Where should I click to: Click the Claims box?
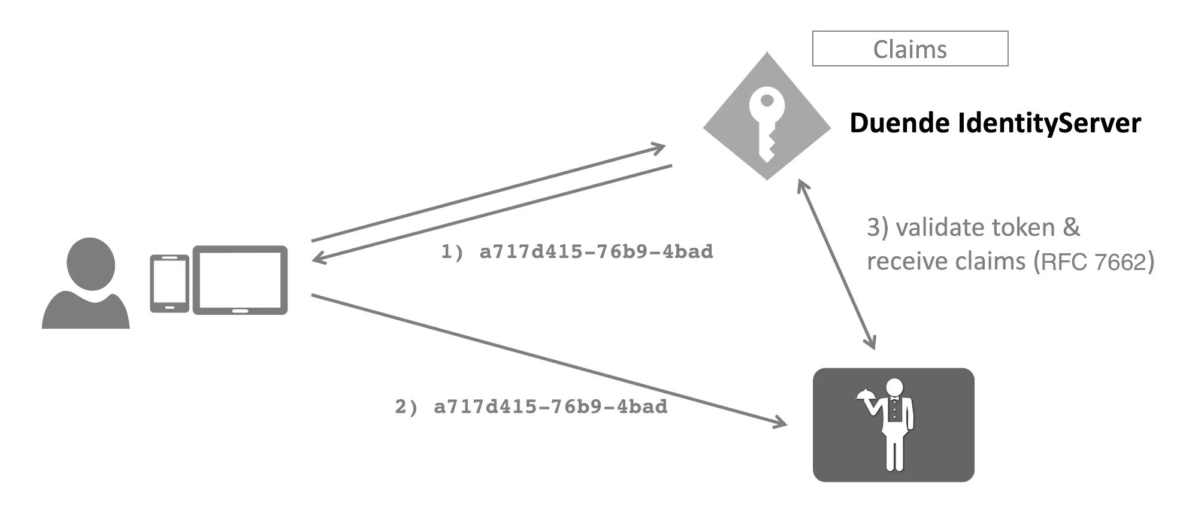[x=910, y=48]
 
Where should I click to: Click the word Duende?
[x=899, y=123]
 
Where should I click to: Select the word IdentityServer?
[x=1048, y=123]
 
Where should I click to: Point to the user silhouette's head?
[x=90, y=263]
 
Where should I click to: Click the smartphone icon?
[x=170, y=284]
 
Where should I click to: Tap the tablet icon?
[x=240, y=280]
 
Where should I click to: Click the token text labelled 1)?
[x=596, y=252]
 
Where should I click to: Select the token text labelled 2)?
[x=550, y=407]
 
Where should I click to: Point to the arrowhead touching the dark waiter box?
[x=780, y=423]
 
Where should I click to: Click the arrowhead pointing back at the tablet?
[x=317, y=259]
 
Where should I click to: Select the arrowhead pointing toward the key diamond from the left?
[x=659, y=147]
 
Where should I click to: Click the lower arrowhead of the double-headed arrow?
[x=872, y=344]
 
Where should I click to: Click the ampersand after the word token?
[x=1072, y=228]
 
